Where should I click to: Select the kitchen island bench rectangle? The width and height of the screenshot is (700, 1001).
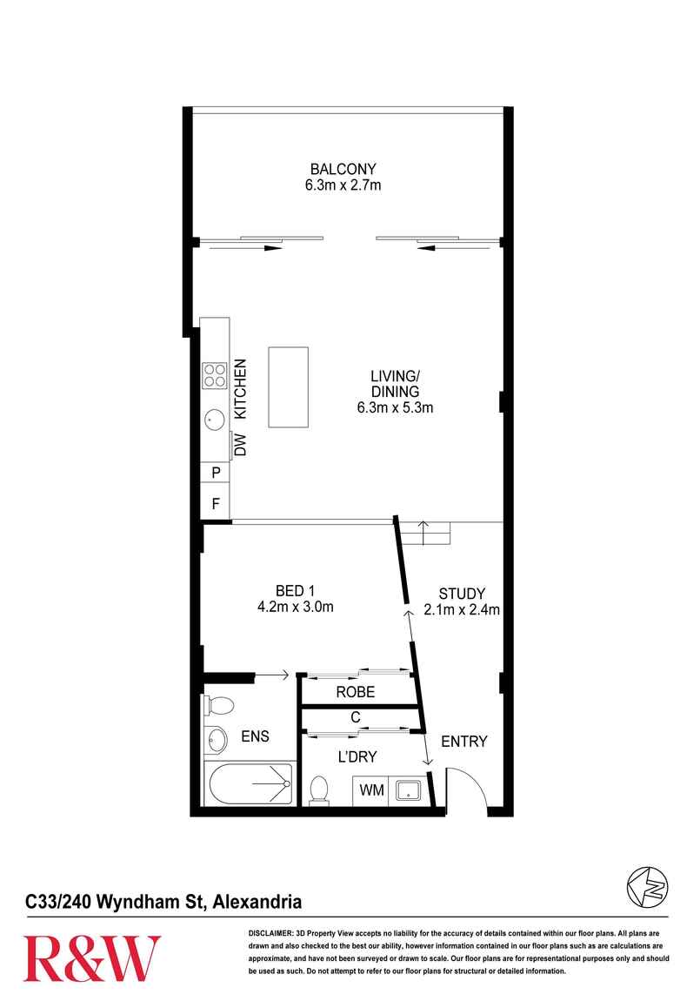tap(289, 386)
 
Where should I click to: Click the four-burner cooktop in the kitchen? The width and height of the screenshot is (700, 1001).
tap(215, 375)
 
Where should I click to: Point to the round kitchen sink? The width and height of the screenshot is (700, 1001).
tap(215, 420)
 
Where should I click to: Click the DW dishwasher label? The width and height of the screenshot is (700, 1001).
tap(242, 446)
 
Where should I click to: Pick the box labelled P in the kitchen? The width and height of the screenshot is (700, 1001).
tap(216, 473)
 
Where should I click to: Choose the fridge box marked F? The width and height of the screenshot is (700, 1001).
tap(216, 503)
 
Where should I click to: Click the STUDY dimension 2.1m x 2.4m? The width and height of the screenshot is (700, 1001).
tap(461, 609)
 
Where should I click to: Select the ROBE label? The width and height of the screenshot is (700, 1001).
tap(355, 693)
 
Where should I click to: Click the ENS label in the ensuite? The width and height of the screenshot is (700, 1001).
tap(256, 736)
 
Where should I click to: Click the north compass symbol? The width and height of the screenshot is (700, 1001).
tap(644, 886)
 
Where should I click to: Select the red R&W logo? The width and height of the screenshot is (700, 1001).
tap(93, 957)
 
